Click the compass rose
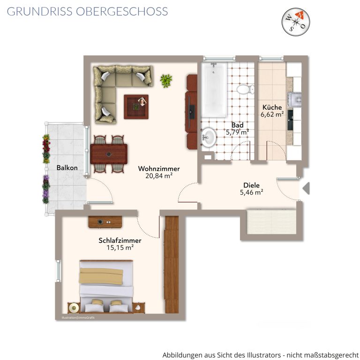point(296,22)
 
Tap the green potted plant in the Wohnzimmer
point(166,81)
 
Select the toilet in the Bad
point(246,90)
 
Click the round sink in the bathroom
point(209,138)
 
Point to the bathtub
point(214,90)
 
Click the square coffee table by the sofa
point(136,107)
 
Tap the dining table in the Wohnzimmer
point(109,154)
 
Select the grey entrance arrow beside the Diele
point(306,188)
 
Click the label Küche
point(272,107)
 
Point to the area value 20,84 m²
point(159,176)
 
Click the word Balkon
point(67,168)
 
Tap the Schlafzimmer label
point(120,240)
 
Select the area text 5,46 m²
point(251,192)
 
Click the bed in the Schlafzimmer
point(106,286)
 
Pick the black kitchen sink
point(290,120)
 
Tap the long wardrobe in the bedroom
point(172,264)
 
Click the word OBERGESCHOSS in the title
point(122,11)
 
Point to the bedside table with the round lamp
point(74,307)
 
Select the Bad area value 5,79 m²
point(237,132)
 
